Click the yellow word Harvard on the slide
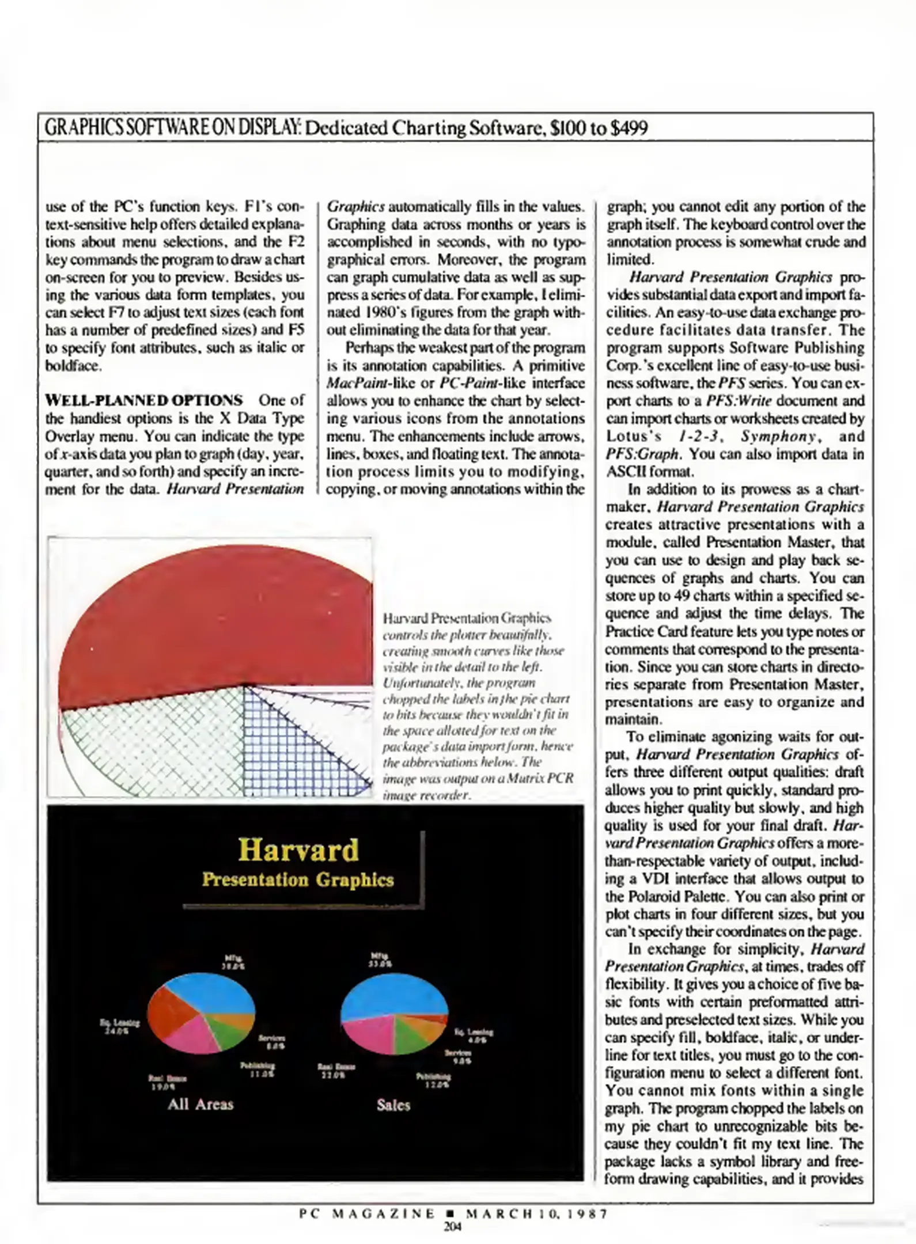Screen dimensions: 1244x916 pos(298,850)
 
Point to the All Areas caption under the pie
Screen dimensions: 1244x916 pos(200,1104)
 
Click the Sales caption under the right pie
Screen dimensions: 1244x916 pos(393,1105)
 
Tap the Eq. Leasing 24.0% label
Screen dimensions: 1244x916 pos(119,1027)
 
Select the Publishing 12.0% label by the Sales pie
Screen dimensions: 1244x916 pos(433,1080)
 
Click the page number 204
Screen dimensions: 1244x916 pos(453,1226)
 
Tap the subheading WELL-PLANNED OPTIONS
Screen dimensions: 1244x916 pos(144,400)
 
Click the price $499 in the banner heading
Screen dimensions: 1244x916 pos(629,127)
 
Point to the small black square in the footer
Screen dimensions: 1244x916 pos(451,1214)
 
